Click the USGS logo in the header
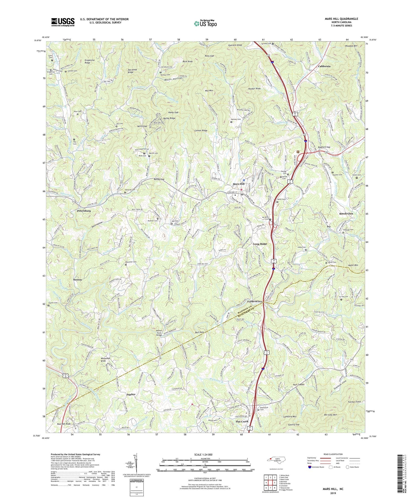point(63,22)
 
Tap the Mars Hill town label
point(238,184)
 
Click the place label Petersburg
point(84,211)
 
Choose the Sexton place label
point(77,279)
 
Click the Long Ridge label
point(260,244)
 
